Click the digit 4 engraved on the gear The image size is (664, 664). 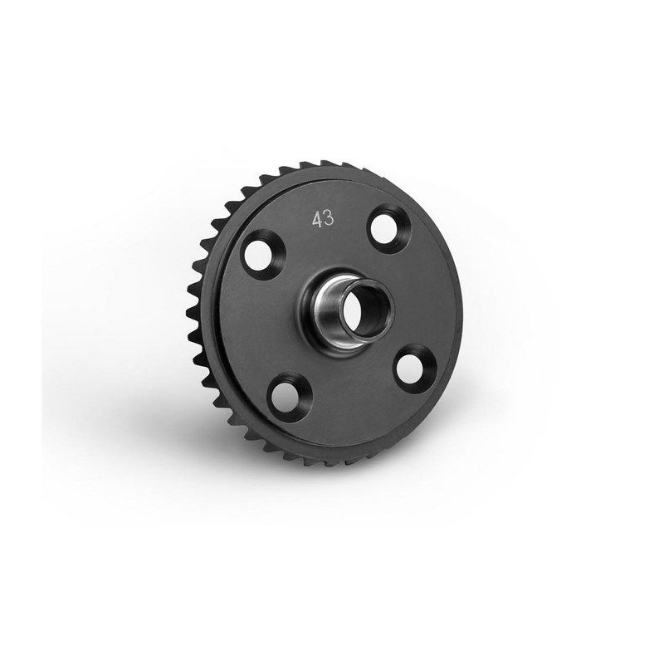pyautogui.click(x=317, y=220)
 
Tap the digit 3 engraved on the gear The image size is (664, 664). pyautogui.click(x=329, y=218)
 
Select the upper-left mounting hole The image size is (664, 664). pyautogui.click(x=257, y=256)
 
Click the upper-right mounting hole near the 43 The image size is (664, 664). pyautogui.click(x=384, y=229)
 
